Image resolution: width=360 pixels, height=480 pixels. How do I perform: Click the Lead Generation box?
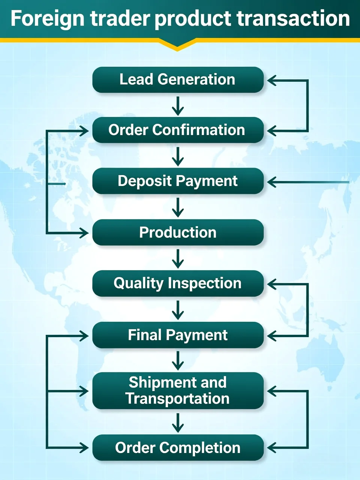tap(178, 79)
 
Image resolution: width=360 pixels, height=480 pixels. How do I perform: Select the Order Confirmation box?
tap(178, 130)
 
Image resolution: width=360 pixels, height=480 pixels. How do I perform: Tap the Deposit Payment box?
tap(178, 181)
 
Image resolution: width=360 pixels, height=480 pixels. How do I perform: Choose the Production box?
tap(178, 232)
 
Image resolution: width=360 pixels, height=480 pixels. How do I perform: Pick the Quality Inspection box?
tap(178, 283)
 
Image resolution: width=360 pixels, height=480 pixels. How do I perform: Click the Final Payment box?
tap(178, 335)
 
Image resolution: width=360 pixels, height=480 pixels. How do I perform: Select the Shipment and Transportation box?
tap(178, 391)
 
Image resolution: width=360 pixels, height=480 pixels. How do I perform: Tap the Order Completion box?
tap(178, 448)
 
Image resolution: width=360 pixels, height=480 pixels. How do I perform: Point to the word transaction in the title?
tap(293, 19)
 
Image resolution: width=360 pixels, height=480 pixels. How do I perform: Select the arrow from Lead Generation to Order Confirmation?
tap(178, 106)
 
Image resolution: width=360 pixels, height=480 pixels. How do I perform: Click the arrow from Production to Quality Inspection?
tap(178, 259)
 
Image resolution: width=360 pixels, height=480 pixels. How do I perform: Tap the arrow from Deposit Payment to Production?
tap(178, 208)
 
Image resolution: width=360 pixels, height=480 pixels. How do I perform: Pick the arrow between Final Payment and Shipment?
tap(178, 361)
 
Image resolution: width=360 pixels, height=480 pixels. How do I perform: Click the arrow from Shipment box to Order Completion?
tap(178, 423)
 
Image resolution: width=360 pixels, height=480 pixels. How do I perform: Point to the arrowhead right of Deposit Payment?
tap(272, 182)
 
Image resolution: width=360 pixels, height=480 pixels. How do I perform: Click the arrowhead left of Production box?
tap(84, 233)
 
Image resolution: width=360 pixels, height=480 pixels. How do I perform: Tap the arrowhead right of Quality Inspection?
tap(272, 284)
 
